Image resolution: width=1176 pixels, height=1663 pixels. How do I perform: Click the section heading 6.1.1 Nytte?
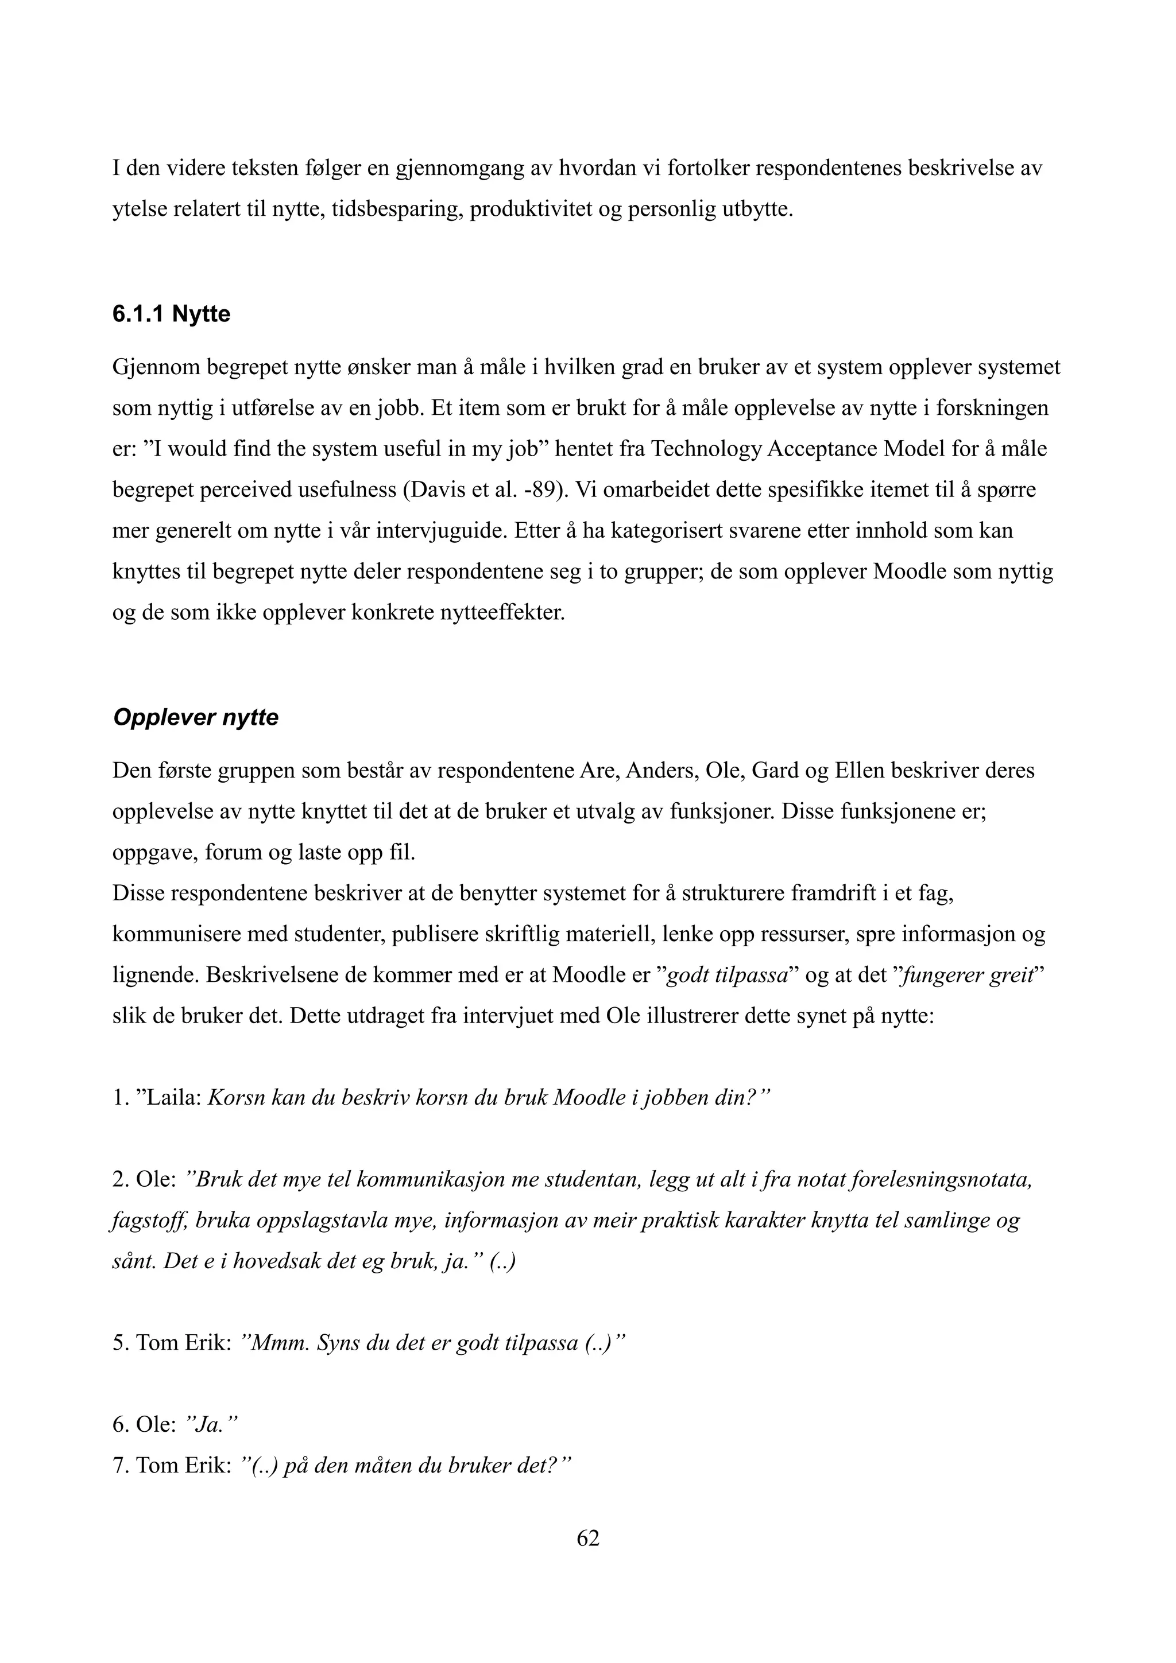(171, 314)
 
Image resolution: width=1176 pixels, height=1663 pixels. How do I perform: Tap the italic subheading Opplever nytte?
(196, 717)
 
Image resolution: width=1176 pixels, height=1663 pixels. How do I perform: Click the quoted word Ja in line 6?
(207, 1425)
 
